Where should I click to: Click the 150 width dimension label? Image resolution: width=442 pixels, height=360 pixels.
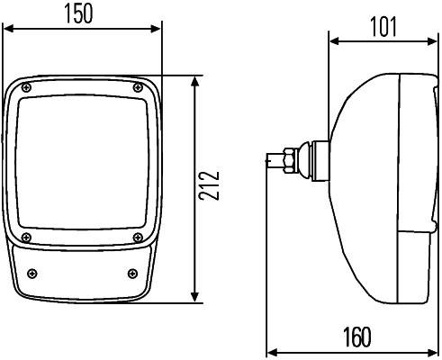coord(82,15)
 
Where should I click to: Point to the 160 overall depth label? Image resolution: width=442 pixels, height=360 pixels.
coord(356,337)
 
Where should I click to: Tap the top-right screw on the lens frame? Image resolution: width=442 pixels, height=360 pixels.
coord(137,87)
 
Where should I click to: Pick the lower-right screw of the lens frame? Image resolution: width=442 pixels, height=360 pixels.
coord(137,238)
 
